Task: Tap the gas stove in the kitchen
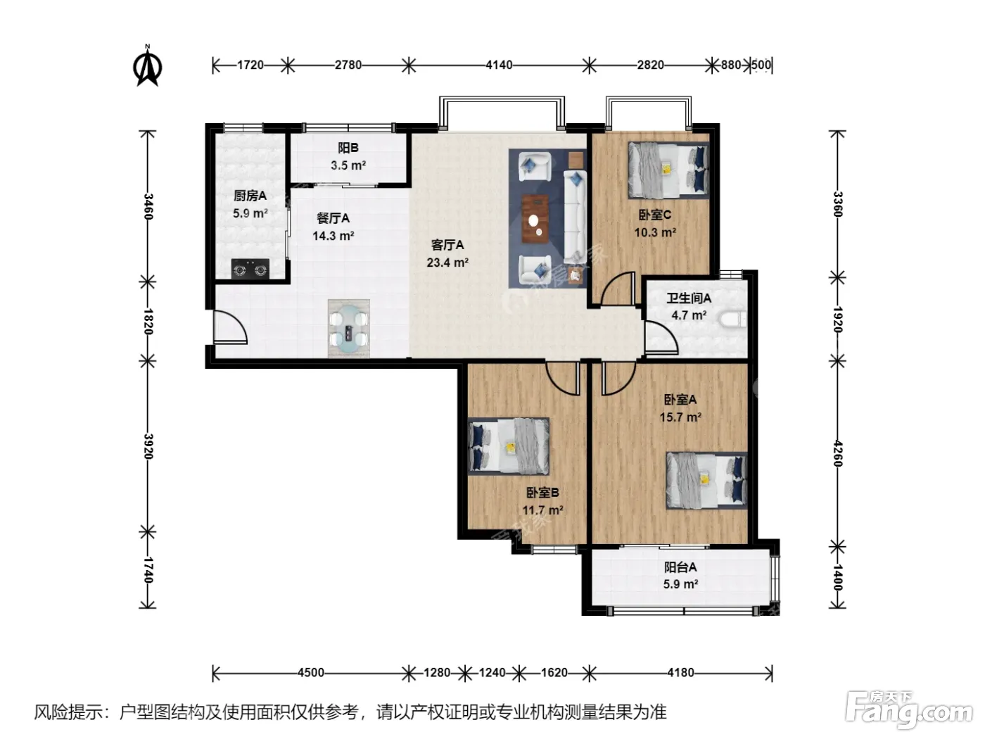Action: tap(250, 269)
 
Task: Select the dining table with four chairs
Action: tap(349, 329)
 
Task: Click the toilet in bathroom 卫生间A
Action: tap(732, 320)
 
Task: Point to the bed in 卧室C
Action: tap(668, 170)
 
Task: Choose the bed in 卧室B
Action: tap(509, 446)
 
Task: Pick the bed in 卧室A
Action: tap(706, 480)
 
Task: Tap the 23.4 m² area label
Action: tap(447, 263)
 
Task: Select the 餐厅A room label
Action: tap(333, 218)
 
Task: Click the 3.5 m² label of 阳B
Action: tap(348, 165)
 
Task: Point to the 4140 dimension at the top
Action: tap(499, 65)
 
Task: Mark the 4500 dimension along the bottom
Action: tap(310, 673)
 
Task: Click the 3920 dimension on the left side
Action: tap(148, 446)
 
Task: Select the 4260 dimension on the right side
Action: tap(837, 454)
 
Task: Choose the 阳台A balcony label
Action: tap(680, 567)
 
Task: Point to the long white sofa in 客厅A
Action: tap(575, 217)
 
